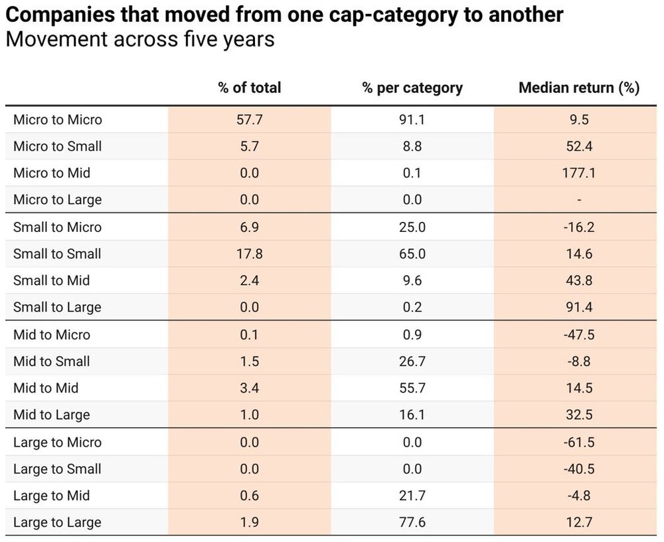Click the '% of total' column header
(249, 88)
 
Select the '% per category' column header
(412, 88)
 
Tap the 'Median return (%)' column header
(578, 88)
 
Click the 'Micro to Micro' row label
(58, 120)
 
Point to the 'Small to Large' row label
(57, 307)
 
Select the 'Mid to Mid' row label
(46, 388)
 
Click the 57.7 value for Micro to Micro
(249, 120)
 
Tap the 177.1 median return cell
(578, 173)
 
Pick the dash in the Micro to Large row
(578, 199)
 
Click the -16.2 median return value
(578, 227)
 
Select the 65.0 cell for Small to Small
(412, 254)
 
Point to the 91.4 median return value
(578, 307)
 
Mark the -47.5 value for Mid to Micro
(578, 335)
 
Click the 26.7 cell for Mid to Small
(412, 361)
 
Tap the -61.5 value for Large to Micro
(578, 442)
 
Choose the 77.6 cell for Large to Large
(412, 522)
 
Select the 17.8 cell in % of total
(249, 254)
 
